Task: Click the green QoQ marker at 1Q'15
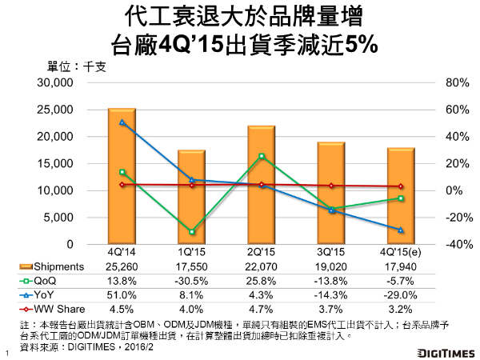[x=191, y=232]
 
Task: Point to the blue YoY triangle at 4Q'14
[x=122, y=122]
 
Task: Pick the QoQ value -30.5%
[x=190, y=281]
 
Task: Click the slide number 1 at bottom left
[x=6, y=352]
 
